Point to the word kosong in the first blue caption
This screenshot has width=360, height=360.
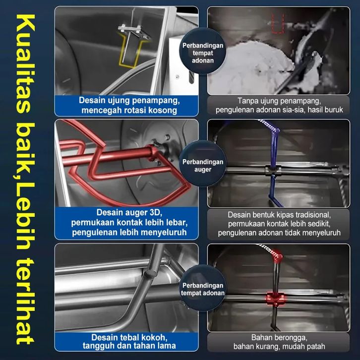coord(162,111)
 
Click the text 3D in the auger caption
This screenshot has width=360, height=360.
coord(156,212)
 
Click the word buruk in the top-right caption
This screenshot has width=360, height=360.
coord(334,110)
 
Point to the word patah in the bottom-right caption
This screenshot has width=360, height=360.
coord(316,347)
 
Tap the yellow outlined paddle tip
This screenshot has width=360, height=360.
coord(130,51)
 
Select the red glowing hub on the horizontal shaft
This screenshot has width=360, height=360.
coord(276,299)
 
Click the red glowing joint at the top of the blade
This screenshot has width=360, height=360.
coord(277,257)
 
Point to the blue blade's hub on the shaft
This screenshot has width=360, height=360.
coord(273,171)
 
